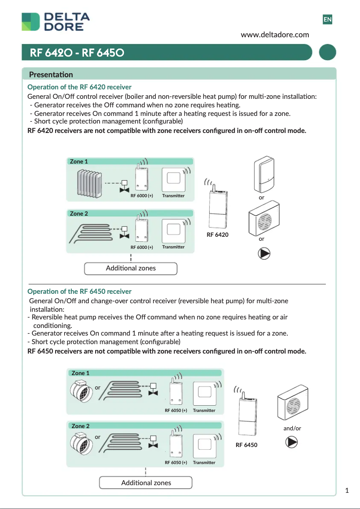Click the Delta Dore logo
(56, 22)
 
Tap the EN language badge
(328, 19)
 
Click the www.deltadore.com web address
(275, 35)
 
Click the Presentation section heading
(51, 75)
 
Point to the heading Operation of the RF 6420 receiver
(79, 87)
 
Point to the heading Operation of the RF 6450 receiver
(79, 292)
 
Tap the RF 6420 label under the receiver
(217, 235)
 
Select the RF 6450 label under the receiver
(246, 445)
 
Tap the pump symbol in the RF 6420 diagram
(264, 253)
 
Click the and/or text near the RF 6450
(292, 428)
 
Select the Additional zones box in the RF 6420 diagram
(131, 268)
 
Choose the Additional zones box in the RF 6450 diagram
(146, 482)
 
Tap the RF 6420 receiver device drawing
(217, 208)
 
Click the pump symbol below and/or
(292, 443)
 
